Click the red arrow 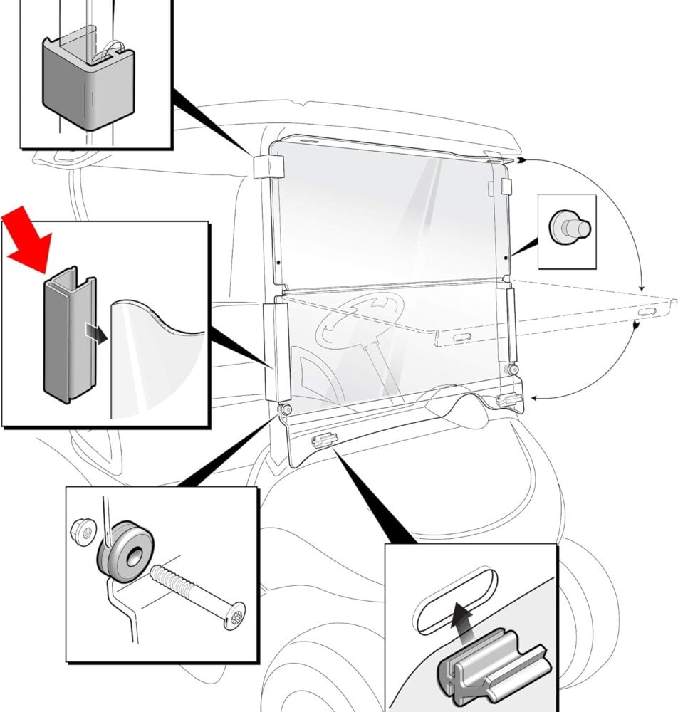pos(26,239)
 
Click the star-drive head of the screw pos(233,614)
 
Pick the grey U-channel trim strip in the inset pos(69,335)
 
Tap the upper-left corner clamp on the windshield pos(268,167)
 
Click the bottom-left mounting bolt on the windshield pos(286,410)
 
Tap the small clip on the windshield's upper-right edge pos(506,186)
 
